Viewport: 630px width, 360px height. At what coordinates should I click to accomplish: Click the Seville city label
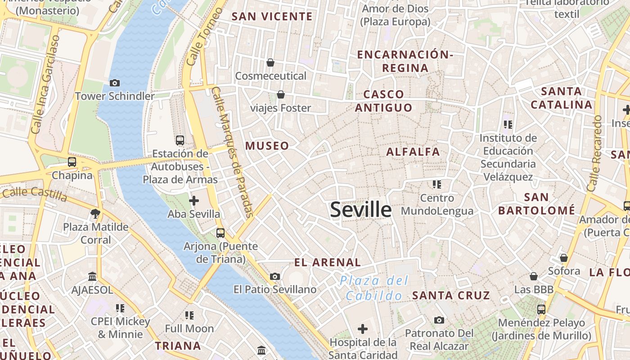click(361, 210)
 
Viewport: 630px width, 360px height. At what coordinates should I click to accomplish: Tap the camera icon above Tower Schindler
click(115, 83)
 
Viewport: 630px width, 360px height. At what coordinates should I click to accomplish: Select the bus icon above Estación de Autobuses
click(180, 140)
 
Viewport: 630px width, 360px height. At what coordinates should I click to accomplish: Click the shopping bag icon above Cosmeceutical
click(270, 62)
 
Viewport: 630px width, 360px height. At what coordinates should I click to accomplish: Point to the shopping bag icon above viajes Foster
click(281, 94)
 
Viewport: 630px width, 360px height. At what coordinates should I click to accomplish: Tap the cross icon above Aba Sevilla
click(194, 200)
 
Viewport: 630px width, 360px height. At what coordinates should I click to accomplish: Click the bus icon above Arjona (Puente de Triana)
click(220, 233)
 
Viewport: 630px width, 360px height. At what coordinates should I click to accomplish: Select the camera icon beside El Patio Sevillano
click(275, 276)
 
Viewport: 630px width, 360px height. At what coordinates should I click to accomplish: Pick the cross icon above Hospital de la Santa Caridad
click(363, 329)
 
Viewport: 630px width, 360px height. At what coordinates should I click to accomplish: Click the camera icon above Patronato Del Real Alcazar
click(439, 320)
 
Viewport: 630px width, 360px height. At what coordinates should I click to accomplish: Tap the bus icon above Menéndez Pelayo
click(541, 309)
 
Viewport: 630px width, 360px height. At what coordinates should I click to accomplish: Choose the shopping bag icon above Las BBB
click(534, 276)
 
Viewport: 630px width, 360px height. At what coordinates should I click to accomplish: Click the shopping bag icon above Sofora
click(563, 258)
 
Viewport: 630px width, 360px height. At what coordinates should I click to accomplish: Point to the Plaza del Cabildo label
click(374, 288)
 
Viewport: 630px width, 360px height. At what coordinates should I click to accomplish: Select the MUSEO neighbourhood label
click(267, 146)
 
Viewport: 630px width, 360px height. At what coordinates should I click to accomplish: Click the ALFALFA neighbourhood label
click(413, 152)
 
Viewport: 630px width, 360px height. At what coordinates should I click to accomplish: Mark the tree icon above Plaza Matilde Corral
click(95, 213)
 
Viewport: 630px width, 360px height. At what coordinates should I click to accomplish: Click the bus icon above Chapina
click(72, 162)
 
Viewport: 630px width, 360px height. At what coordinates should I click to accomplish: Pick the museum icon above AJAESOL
click(92, 276)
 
